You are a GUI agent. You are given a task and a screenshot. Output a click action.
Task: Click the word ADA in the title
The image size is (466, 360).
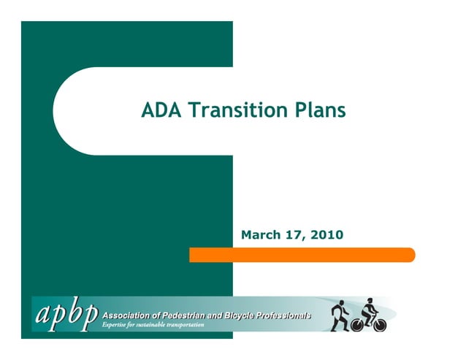point(161,110)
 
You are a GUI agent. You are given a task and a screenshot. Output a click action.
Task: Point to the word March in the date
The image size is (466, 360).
point(261,235)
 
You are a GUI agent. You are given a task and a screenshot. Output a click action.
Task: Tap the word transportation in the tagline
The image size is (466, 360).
point(185,324)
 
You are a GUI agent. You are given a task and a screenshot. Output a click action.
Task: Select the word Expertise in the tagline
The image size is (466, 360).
point(115,324)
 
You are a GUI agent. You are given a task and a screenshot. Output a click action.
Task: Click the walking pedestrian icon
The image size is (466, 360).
point(340,314)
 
